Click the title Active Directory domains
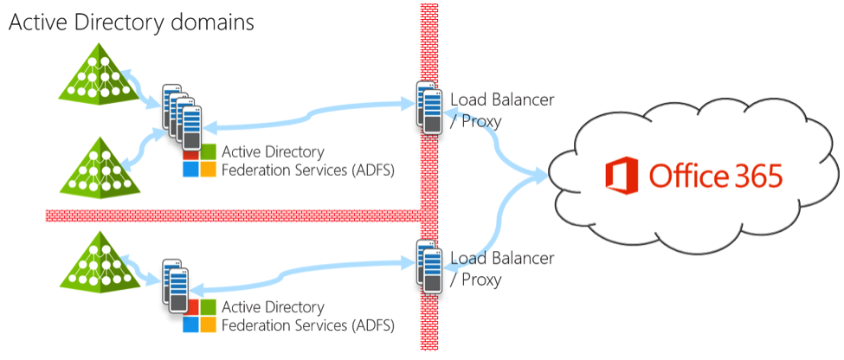click(132, 22)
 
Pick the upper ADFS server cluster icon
click(181, 113)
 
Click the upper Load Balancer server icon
click(426, 106)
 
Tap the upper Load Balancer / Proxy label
click(502, 110)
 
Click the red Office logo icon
click(620, 177)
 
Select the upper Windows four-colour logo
click(199, 161)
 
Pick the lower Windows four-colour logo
click(199, 317)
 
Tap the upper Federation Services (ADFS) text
click(308, 170)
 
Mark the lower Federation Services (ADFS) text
click(308, 326)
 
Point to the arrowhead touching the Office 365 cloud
click(544, 177)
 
